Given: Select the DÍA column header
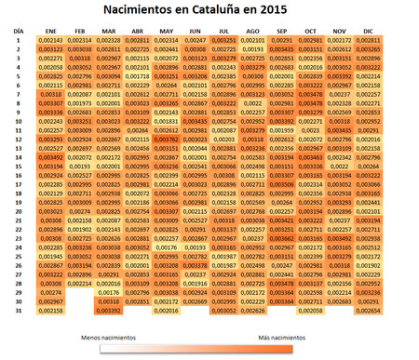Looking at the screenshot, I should coord(18,31).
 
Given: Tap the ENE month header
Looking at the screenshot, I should coord(51,32).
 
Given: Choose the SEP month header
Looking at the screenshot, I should coord(282,32).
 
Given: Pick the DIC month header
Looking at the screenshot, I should coord(369,32).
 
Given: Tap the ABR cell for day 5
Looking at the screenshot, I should coord(138,76).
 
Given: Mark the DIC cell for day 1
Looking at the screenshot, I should coord(369,41).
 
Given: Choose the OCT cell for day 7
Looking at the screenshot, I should coord(311,95).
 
